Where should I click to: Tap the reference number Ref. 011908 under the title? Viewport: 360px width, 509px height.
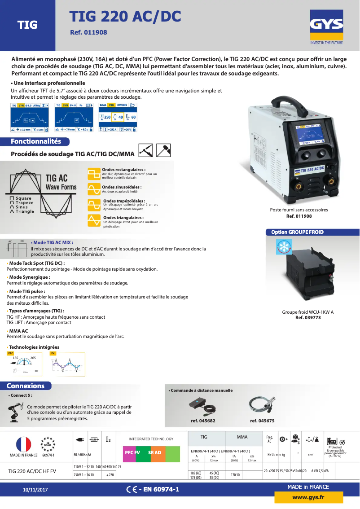click(88, 33)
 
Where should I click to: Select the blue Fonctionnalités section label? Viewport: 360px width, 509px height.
click(36, 141)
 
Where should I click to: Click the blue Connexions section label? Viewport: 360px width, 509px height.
click(26, 386)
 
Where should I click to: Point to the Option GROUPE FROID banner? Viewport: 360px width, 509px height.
click(297, 232)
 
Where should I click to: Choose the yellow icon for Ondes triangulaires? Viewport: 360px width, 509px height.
click(94, 220)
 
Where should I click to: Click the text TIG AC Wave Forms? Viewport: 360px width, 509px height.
click(61, 183)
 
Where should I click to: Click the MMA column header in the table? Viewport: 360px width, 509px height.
click(242, 437)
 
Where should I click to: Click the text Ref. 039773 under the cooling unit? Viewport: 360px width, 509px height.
click(308, 318)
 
